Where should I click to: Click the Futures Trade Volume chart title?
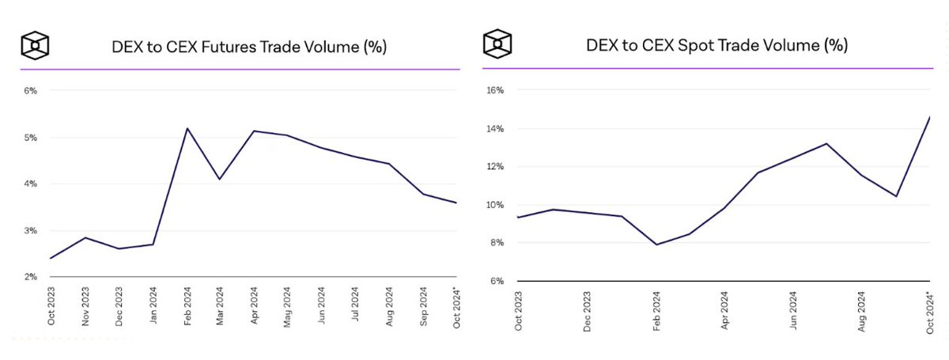[248, 47]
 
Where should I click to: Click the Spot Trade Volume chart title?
[716, 45]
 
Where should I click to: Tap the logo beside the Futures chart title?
[36, 44]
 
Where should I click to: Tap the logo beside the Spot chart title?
[497, 43]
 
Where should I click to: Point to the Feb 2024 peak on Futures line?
[187, 128]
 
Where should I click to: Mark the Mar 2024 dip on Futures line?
[220, 179]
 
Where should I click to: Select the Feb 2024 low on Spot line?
[656, 244]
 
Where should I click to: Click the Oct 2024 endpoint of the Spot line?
[930, 117]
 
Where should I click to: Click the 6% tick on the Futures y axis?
[31, 91]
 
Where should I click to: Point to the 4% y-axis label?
[31, 184]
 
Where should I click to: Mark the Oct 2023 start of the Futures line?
[51, 258]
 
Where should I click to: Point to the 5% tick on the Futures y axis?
[31, 138]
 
